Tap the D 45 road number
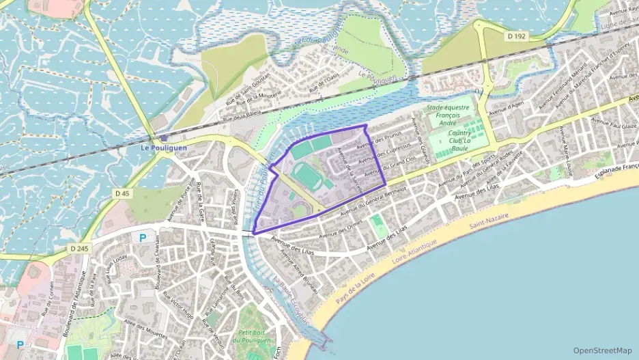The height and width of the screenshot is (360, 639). click(122, 194)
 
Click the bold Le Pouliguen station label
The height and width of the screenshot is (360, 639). click(163, 147)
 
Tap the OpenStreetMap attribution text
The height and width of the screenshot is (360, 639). click(602, 350)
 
